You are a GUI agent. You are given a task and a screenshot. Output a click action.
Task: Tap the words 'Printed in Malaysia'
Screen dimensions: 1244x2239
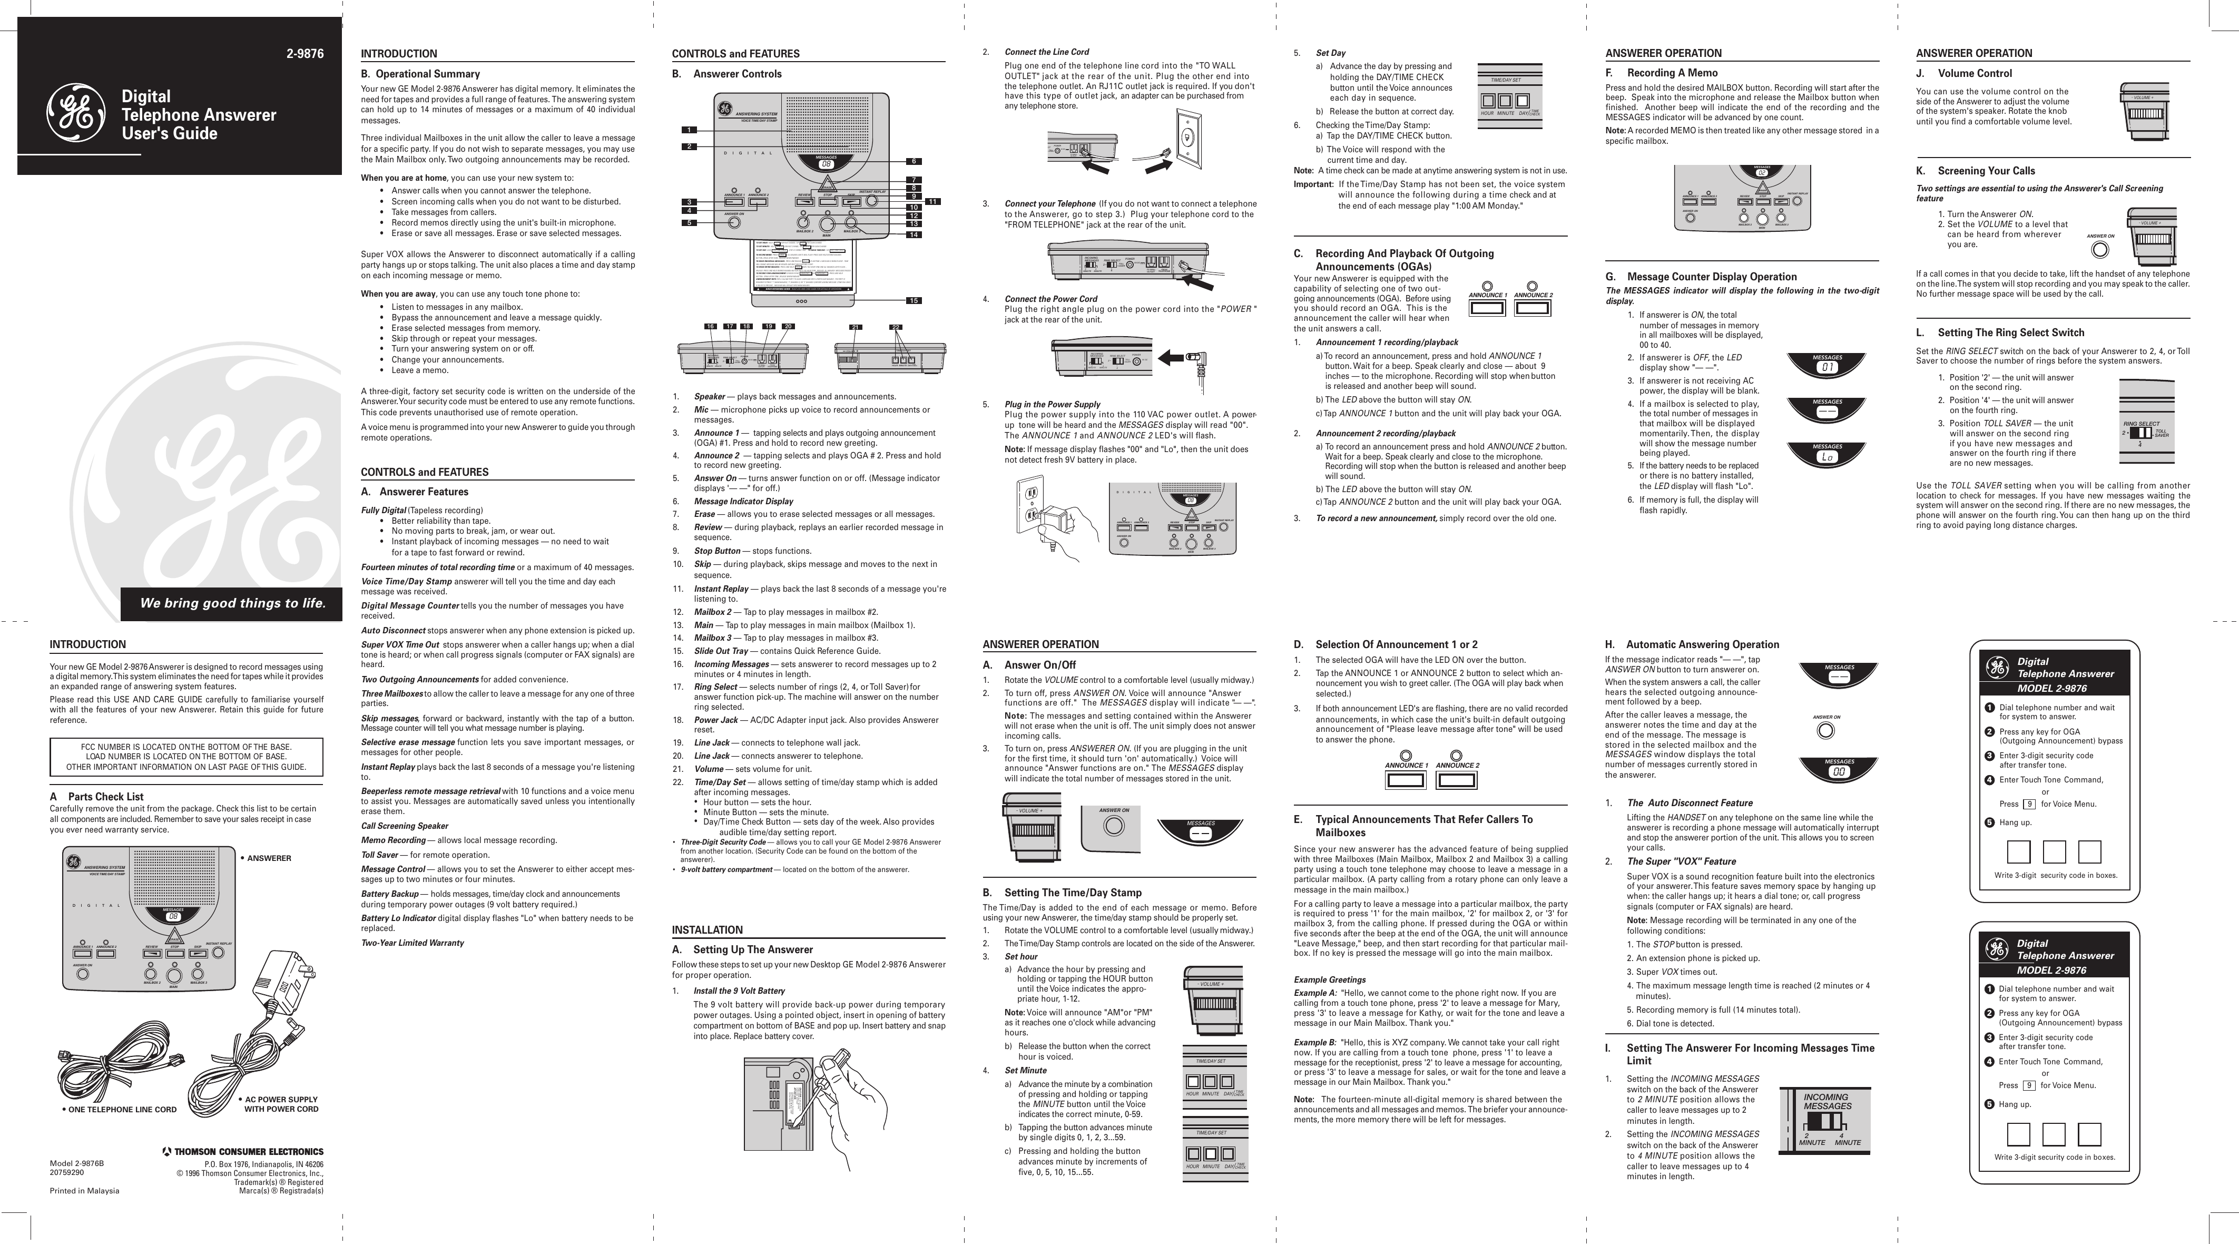click(84, 1191)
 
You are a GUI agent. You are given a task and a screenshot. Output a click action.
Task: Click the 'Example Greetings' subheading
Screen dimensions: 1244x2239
click(1329, 979)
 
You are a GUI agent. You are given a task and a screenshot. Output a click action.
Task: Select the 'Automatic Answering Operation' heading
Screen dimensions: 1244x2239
click(1702, 644)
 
